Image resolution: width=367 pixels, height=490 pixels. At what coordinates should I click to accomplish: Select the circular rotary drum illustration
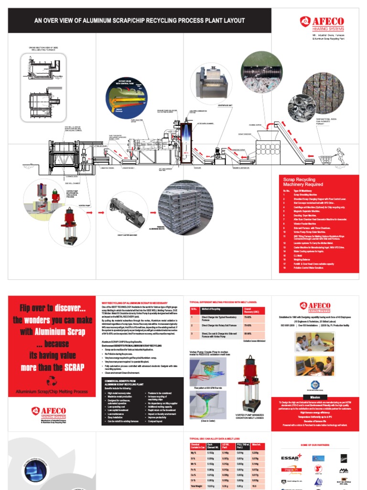coord(125,98)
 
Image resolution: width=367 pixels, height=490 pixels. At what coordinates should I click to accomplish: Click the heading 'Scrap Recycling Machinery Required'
coord(303,181)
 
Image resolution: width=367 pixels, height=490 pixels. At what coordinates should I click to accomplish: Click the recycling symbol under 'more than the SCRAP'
coord(51,380)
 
